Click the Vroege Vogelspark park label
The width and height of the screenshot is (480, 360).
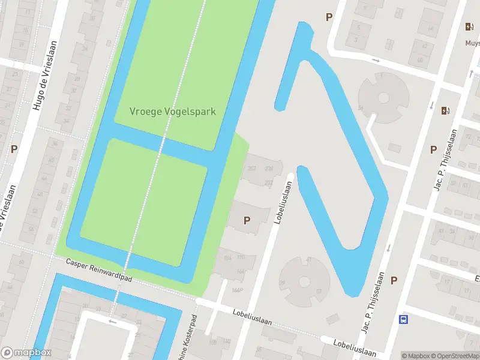[x=173, y=112]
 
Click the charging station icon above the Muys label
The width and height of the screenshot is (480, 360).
[x=469, y=26]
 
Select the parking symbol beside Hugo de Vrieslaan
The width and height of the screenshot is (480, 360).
[x=14, y=149]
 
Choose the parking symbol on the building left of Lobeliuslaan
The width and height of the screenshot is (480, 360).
[x=247, y=220]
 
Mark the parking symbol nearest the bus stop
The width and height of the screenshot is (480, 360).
[x=394, y=280]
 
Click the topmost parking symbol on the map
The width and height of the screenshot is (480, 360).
[x=329, y=17]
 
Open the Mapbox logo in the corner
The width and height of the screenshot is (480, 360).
[x=26, y=353]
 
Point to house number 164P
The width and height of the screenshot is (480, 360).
[x=237, y=291]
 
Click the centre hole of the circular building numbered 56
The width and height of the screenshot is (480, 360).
[x=384, y=97]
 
